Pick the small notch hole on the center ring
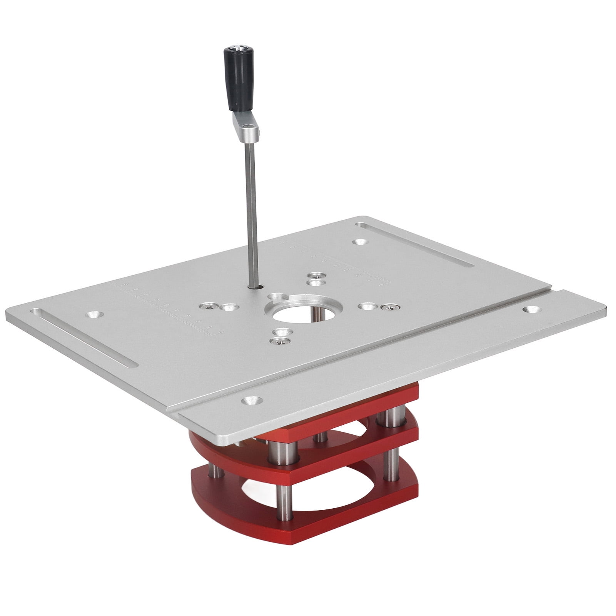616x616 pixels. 277,297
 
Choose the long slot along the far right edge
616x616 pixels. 414,245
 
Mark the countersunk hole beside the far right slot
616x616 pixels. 359,242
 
